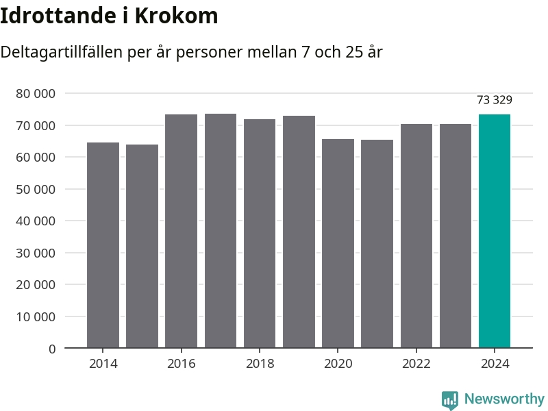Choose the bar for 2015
coord(142,246)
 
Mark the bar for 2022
coord(416,236)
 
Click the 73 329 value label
coord(495,100)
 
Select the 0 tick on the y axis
coord(52,349)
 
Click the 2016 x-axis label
coord(181,364)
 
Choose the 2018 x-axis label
coord(260,364)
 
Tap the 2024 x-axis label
coord(495,364)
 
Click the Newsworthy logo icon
coord(450,399)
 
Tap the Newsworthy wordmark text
coord(504,399)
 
